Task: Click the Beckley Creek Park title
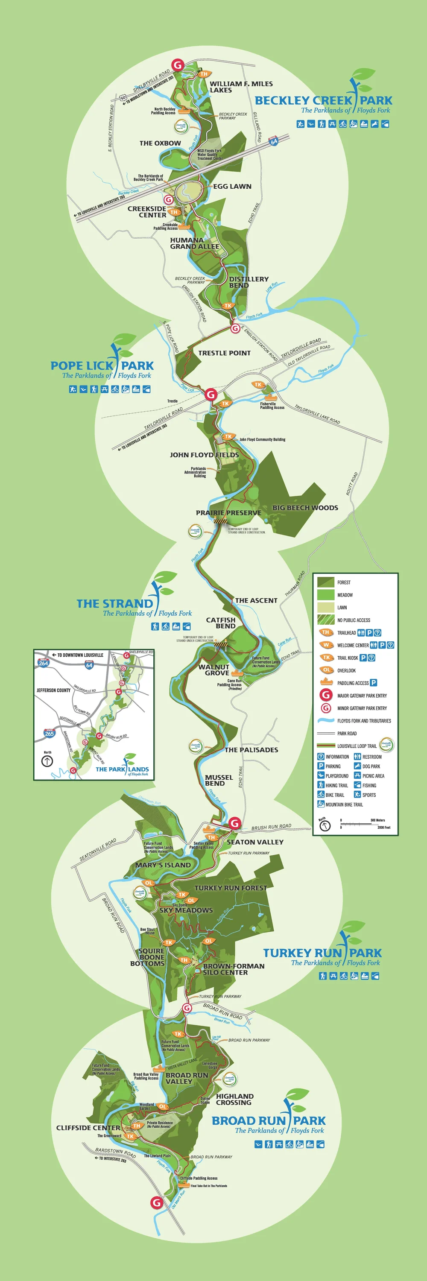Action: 323,100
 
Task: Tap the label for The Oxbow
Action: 160,143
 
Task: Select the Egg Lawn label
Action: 232,187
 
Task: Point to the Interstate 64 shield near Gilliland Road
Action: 273,141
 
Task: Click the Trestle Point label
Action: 224,353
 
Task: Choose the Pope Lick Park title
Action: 102,366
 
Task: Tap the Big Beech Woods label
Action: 305,508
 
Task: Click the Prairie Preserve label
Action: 228,513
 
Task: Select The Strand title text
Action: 114,604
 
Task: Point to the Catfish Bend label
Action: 221,623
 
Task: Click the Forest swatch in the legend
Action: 326,582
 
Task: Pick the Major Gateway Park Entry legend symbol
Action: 326,695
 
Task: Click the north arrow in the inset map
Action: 47,761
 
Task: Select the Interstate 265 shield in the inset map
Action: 49,733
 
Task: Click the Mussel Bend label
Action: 219,780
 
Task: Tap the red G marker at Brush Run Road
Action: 234,823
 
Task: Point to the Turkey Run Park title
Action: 322,953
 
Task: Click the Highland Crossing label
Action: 234,1099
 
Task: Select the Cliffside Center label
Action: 88,1128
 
